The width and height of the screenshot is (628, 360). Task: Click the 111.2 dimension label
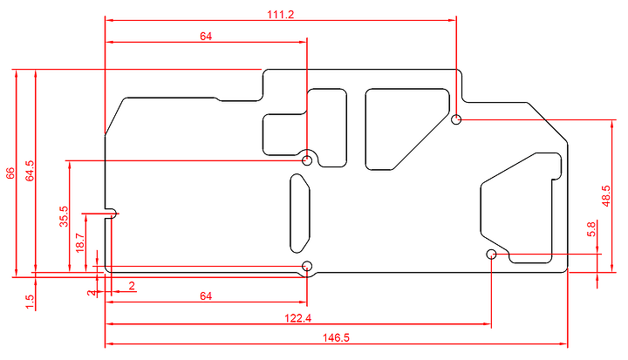tap(280, 15)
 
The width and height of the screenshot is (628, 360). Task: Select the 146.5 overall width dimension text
tap(336, 338)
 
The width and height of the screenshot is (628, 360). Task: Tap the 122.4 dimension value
tap(298, 318)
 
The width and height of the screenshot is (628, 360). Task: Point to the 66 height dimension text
tap(10, 173)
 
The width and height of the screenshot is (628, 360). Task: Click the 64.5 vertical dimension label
tap(30, 171)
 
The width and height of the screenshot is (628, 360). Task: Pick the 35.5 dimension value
tap(64, 217)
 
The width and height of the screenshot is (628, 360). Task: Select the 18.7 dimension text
tap(80, 242)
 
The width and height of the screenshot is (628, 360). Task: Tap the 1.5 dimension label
tap(30, 302)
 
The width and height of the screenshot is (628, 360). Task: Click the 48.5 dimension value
tap(606, 196)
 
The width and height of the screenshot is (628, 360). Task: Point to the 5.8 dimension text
tap(591, 229)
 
